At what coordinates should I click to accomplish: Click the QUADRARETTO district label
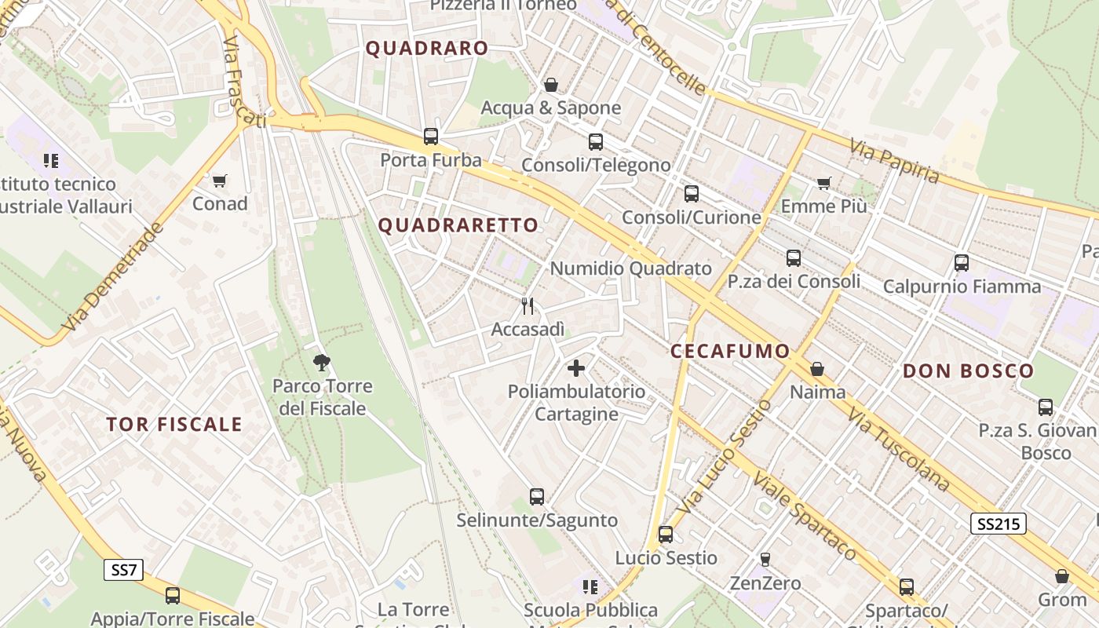click(458, 225)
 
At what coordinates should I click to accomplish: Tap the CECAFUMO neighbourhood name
click(730, 351)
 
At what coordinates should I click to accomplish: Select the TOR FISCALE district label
click(174, 425)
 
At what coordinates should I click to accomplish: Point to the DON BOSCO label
click(968, 371)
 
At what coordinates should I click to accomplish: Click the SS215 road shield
click(998, 524)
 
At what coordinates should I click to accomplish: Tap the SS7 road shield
click(124, 570)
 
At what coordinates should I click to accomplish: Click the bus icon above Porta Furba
click(431, 137)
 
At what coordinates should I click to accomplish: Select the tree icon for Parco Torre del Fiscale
click(321, 363)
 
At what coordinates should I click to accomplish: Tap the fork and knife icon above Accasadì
click(528, 306)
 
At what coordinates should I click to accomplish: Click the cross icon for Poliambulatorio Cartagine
click(576, 367)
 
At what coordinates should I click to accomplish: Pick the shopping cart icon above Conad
click(220, 181)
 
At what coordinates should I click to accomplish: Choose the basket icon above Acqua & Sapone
click(551, 85)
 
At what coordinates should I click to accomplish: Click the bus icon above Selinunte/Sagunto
click(537, 496)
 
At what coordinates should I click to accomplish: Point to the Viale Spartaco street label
click(805, 516)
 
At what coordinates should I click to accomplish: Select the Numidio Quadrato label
click(630, 268)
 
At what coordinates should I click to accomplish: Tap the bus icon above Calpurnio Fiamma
click(962, 263)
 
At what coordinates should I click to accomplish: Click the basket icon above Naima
click(817, 369)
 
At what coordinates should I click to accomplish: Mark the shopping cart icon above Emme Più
click(823, 183)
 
